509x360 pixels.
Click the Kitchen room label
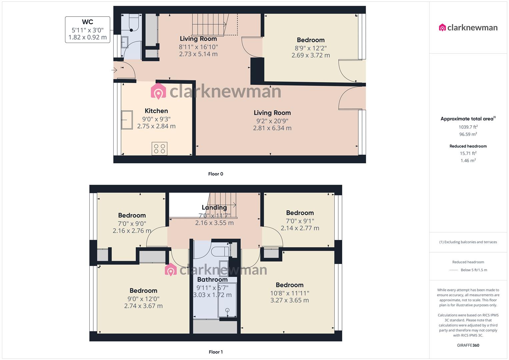tap(156, 111)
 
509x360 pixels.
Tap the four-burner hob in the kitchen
tap(160, 149)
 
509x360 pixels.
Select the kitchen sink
tap(127, 120)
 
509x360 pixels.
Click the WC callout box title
tap(87, 22)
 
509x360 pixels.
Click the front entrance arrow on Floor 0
tap(115, 70)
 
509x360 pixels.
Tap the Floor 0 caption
tap(215, 174)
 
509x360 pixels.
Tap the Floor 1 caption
tap(215, 352)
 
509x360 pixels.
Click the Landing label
tap(214, 208)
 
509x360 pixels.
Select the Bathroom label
tap(212, 280)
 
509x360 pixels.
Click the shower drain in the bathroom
tap(228, 310)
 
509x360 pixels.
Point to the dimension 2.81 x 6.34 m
tap(272, 128)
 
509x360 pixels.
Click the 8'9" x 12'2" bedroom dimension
tap(311, 48)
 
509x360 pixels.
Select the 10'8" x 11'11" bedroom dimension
tap(289, 293)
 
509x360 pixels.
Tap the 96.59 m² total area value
tap(468, 134)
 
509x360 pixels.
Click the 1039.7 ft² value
tap(468, 127)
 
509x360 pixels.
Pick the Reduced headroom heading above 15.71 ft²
tap(468, 146)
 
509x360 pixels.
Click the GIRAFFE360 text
tap(468, 345)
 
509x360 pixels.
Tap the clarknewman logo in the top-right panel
tap(468, 28)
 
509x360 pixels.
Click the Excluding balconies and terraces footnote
tap(468, 242)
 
